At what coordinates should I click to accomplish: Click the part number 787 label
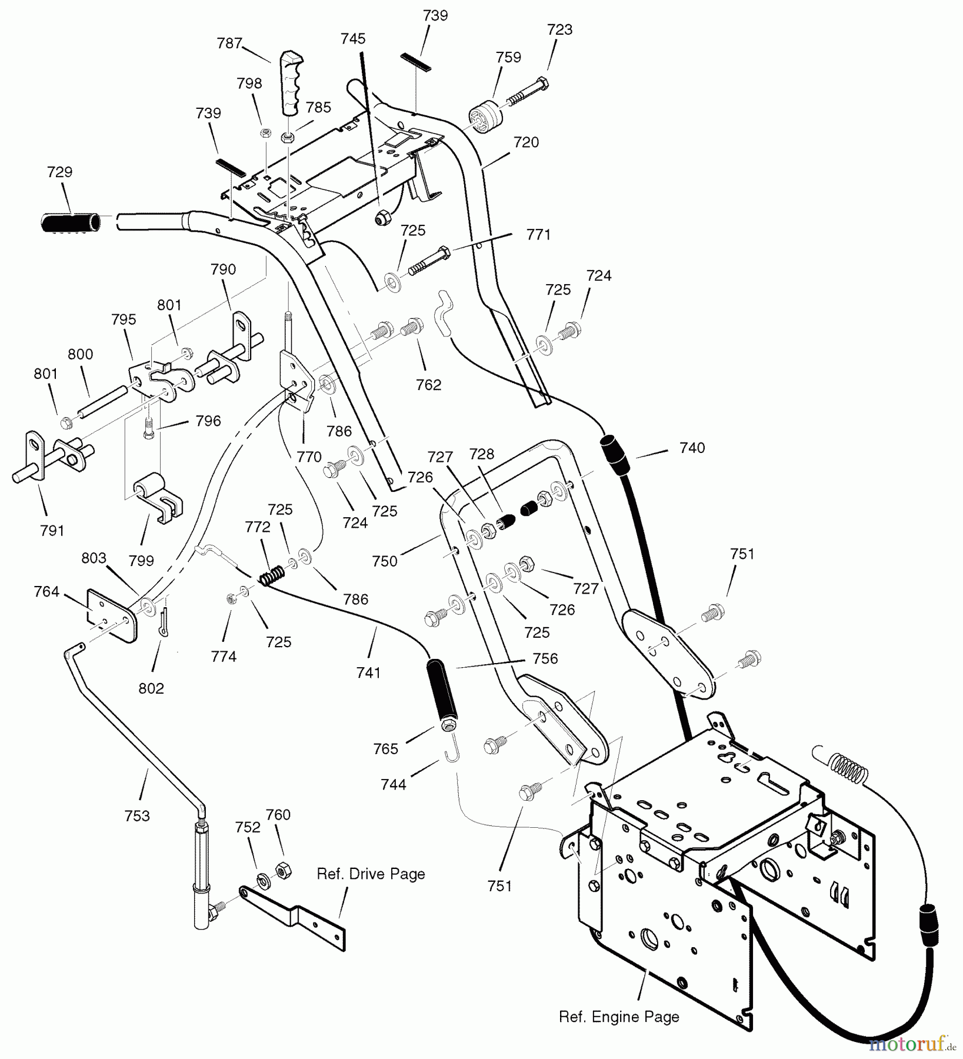pos(229,44)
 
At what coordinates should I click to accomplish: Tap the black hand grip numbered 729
pos(69,222)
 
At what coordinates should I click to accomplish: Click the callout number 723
pos(559,29)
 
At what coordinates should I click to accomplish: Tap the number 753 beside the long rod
pos(137,816)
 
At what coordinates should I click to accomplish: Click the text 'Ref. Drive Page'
pos(371,874)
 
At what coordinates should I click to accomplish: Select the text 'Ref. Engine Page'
pos(619,1017)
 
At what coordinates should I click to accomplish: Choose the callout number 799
pos(141,561)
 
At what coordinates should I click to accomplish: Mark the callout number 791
pos(52,530)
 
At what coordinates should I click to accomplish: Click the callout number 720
pos(526,142)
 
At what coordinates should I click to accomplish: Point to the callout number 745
pos(352,39)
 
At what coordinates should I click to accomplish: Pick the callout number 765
pos(385,749)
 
